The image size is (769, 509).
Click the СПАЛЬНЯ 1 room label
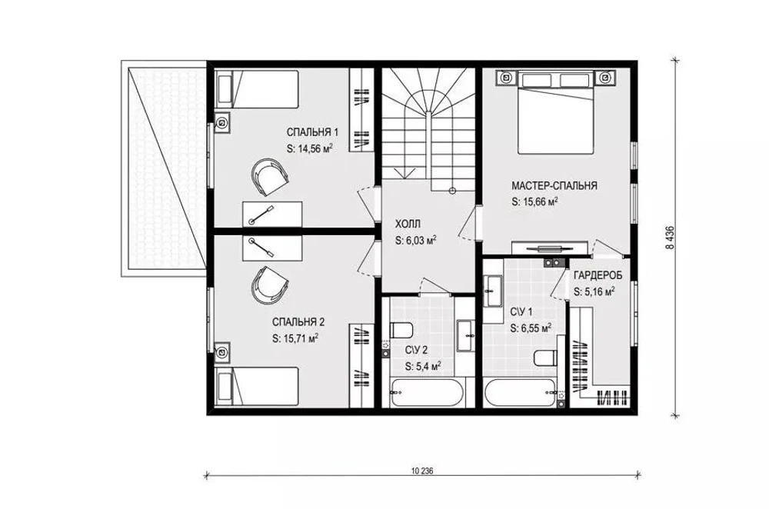[312, 132]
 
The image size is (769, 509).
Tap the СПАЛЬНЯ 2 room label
[298, 322]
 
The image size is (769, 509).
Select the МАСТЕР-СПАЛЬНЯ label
[554, 186]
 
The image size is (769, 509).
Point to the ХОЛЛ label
[408, 225]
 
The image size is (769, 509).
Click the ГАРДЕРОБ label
[598, 275]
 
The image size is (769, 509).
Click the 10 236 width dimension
[423, 471]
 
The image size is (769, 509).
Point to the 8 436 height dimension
[670, 238]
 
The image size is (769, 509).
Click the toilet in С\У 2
[401, 331]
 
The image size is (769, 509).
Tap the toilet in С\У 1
[545, 358]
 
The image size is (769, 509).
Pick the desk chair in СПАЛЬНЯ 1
[268, 176]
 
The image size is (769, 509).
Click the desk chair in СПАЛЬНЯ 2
[269, 284]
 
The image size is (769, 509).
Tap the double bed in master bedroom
[557, 112]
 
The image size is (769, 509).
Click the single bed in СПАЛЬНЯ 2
[257, 387]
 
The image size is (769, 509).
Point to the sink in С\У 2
[465, 336]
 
